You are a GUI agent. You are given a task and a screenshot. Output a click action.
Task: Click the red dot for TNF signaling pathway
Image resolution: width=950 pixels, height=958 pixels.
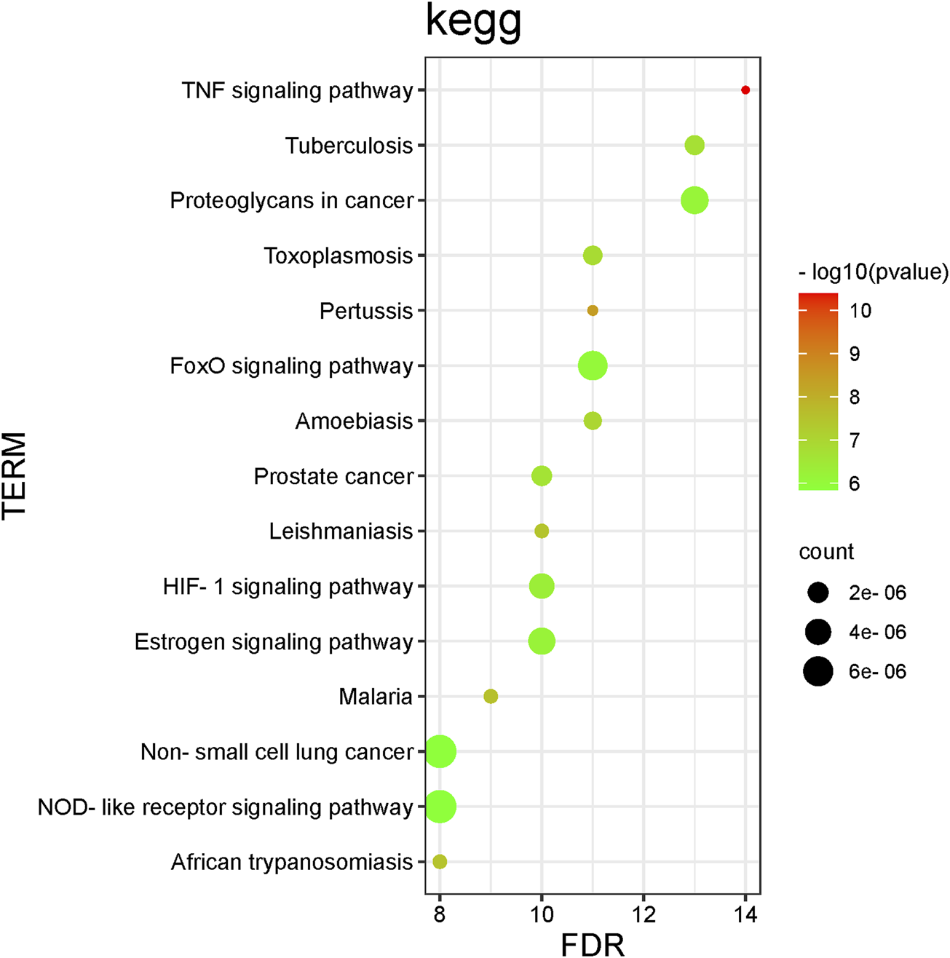point(745,90)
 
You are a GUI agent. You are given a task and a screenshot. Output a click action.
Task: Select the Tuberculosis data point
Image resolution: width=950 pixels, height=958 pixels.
point(694,146)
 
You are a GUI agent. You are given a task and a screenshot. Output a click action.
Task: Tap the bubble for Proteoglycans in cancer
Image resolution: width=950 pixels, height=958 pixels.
point(694,200)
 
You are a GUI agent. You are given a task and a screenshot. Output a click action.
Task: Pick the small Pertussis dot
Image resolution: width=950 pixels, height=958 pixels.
point(593,311)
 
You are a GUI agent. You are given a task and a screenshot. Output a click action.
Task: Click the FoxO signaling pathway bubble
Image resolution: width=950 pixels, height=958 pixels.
point(593,365)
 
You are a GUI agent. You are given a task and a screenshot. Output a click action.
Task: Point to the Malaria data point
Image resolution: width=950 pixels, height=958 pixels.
point(491,697)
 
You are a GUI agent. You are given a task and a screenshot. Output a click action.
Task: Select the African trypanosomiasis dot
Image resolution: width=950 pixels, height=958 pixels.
point(440,862)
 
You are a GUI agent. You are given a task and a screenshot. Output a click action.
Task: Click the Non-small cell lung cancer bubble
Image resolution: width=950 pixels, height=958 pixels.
point(440,752)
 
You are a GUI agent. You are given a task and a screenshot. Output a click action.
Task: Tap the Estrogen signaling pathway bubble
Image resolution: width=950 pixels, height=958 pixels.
point(542,642)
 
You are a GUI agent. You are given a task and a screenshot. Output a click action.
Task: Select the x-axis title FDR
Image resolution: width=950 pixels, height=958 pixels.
point(593,944)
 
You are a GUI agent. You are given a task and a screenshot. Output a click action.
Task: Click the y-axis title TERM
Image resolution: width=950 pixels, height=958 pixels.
point(15,475)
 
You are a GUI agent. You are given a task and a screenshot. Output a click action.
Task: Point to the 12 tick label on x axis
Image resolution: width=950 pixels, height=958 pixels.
point(644,915)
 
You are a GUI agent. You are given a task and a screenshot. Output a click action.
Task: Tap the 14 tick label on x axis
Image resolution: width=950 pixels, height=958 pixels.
point(745,915)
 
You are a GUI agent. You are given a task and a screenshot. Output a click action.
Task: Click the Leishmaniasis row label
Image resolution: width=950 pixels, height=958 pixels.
point(341,531)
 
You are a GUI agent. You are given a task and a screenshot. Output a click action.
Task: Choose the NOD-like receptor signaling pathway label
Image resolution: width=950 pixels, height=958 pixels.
point(226,807)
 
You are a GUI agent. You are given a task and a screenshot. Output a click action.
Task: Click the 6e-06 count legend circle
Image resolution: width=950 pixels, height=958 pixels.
point(818,671)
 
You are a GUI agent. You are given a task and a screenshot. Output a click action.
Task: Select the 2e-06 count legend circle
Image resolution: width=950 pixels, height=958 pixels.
point(818,593)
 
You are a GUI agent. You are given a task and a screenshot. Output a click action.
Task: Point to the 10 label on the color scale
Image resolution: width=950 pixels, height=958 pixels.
point(860,311)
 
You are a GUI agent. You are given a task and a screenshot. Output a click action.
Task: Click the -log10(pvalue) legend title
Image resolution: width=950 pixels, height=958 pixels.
point(873,273)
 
